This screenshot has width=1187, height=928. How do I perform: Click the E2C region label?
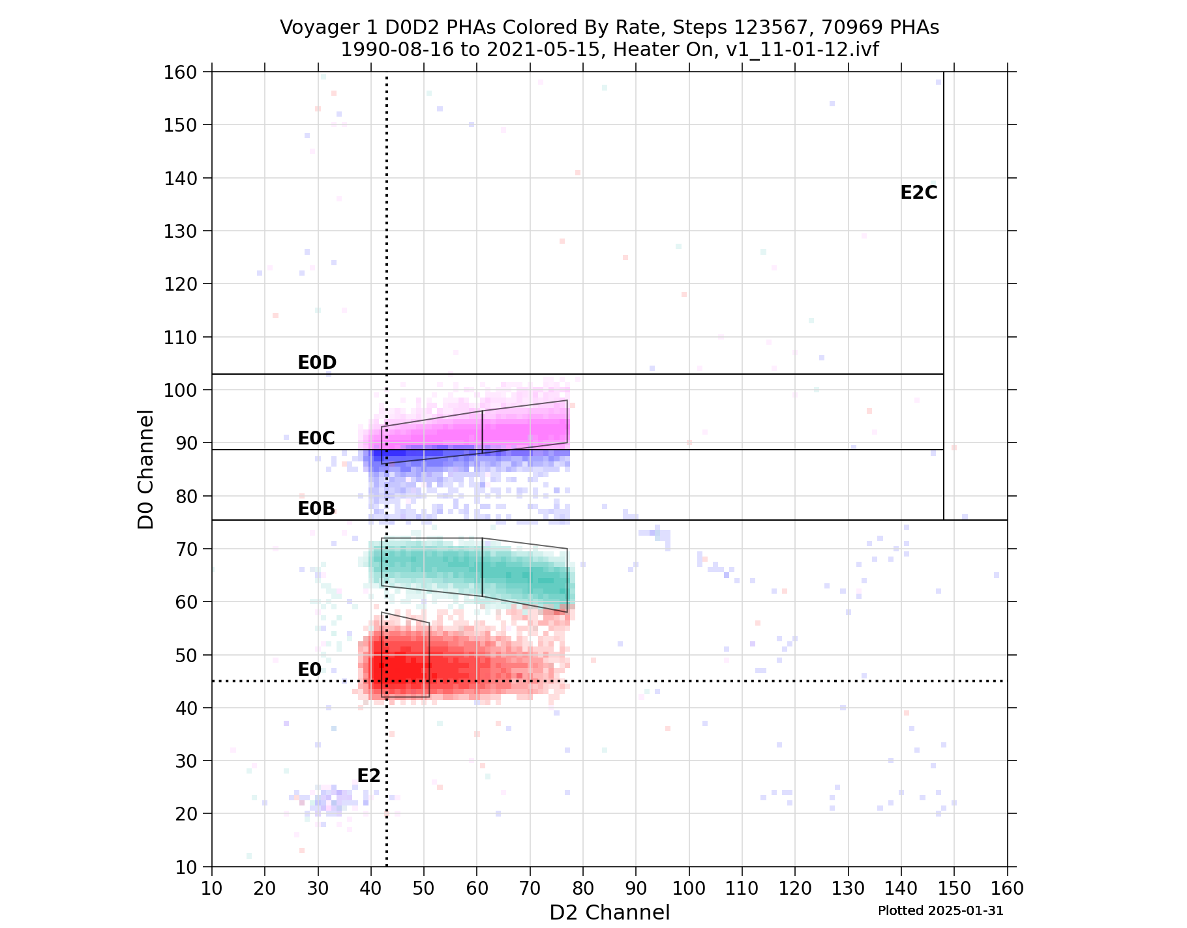(x=918, y=193)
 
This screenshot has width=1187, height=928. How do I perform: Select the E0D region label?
(x=316, y=363)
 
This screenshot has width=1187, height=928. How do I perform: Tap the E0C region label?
(x=316, y=439)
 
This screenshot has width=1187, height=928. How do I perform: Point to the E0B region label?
(x=316, y=509)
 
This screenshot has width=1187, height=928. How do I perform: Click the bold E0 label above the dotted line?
(x=309, y=670)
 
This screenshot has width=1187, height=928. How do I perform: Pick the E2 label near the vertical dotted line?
(x=368, y=776)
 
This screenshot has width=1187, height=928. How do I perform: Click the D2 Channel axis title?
(x=609, y=912)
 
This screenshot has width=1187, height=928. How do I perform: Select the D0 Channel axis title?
(x=146, y=469)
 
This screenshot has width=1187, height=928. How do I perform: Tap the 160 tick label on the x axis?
(x=1007, y=888)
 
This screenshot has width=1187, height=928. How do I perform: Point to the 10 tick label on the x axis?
(x=211, y=888)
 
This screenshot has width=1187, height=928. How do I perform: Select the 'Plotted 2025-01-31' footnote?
(x=940, y=911)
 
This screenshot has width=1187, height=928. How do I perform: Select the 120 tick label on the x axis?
(x=795, y=888)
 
